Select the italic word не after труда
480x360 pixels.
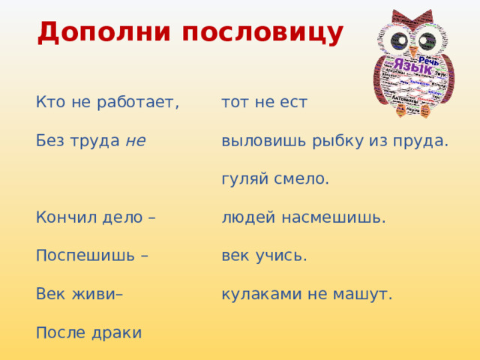point(136,140)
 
